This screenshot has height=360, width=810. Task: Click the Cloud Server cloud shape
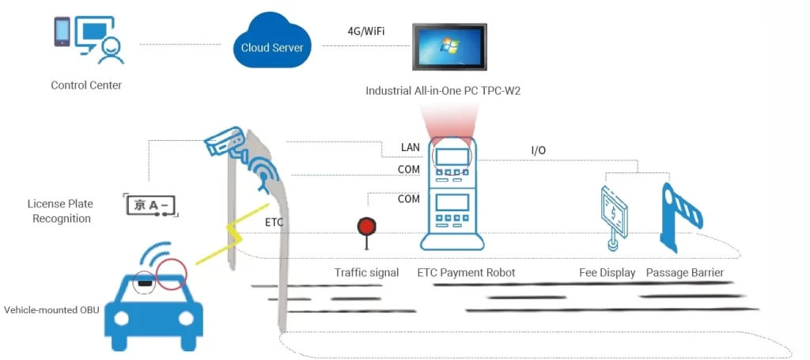pos(271,46)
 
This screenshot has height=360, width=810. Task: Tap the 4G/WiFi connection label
pos(367,32)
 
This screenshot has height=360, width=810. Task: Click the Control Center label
pos(86,85)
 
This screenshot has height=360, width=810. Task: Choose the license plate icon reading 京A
pos(151,205)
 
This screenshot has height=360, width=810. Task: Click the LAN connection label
pos(411,147)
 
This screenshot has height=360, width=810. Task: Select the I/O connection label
pos(538,150)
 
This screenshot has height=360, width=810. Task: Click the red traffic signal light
pos(365,226)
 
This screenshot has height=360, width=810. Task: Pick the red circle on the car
pos(172,275)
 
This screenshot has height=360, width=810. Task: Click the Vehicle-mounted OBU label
pos(51,309)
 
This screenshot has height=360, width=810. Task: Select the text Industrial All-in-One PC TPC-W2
pos(443,91)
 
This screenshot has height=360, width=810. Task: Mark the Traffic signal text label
pos(366,273)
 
